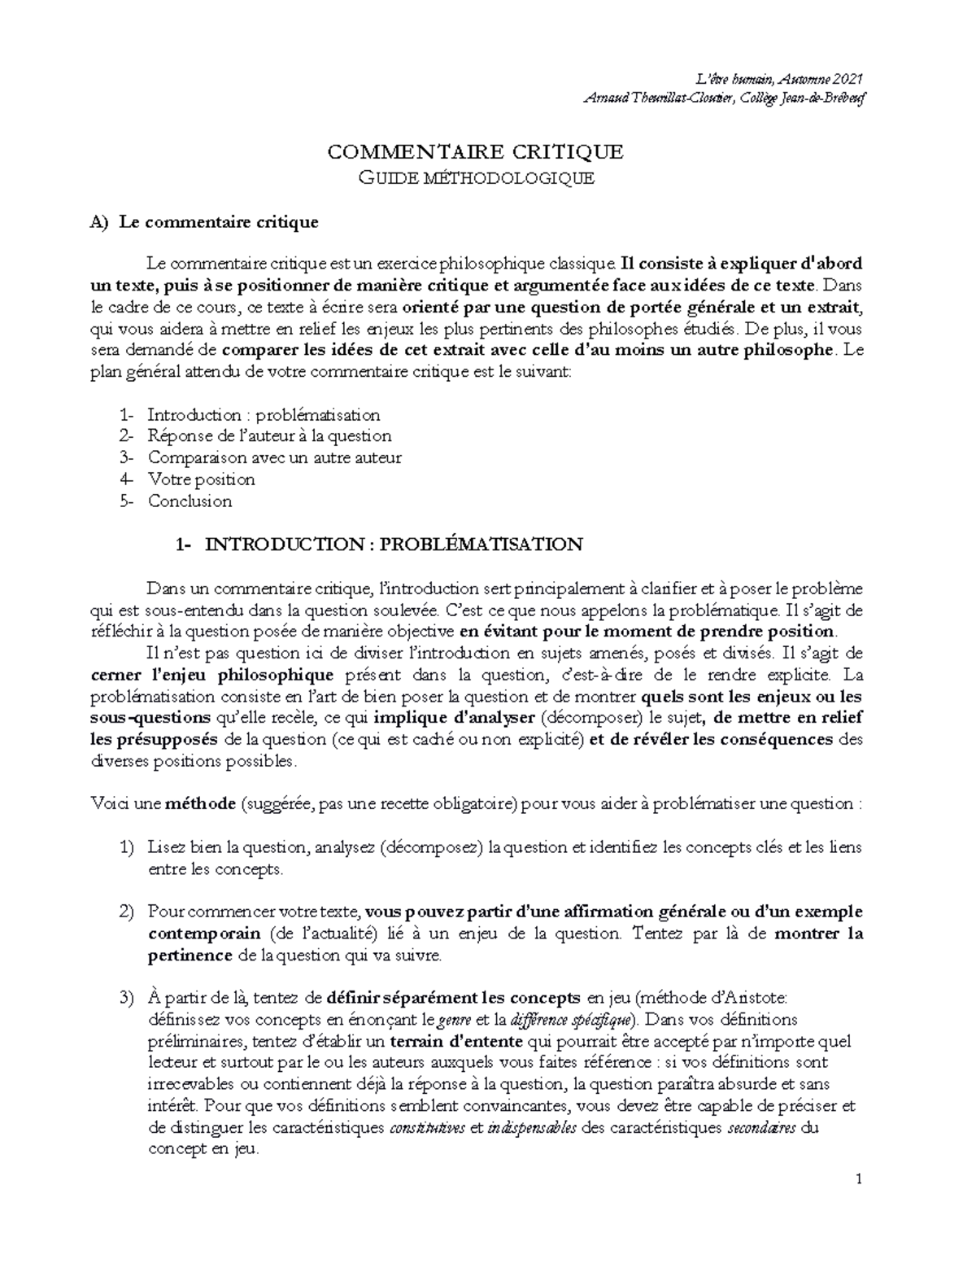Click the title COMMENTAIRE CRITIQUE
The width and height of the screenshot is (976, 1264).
[475, 152]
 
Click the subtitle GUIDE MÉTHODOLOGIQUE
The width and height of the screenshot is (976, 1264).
[477, 178]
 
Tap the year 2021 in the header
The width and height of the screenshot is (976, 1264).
[846, 79]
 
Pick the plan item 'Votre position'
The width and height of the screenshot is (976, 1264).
[201, 479]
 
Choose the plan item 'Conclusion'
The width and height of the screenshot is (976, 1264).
[190, 501]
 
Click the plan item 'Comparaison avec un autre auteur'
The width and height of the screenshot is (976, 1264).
[274, 458]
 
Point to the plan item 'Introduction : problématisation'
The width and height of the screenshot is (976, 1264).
[264, 415]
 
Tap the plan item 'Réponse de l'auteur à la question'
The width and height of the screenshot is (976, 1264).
[269, 436]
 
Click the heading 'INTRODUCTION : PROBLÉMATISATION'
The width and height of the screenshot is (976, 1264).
[393, 545]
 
